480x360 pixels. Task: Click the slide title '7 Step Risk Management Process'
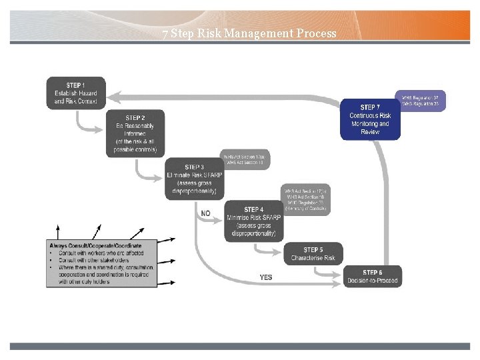click(249, 33)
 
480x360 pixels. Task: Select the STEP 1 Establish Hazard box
click(75, 93)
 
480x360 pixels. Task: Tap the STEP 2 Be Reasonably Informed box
click(135, 133)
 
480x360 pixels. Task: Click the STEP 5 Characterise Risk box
click(313, 254)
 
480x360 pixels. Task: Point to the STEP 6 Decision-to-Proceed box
click(372, 276)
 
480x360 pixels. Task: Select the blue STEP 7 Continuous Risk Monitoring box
click(370, 119)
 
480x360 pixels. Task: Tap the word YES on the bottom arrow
click(265, 277)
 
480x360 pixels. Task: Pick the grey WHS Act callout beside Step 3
click(247, 159)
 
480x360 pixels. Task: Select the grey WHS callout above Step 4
click(307, 199)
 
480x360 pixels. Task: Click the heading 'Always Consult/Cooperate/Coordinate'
click(95, 245)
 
